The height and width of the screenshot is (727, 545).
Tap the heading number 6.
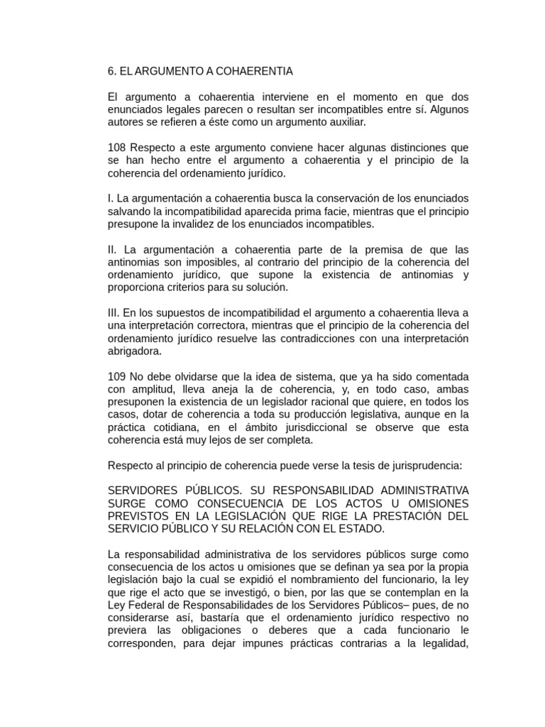point(111,72)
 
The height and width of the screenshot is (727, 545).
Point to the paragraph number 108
point(116,148)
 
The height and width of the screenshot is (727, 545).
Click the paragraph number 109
point(116,376)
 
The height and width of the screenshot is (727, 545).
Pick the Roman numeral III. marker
point(114,313)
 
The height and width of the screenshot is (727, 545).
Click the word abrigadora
point(135,351)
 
